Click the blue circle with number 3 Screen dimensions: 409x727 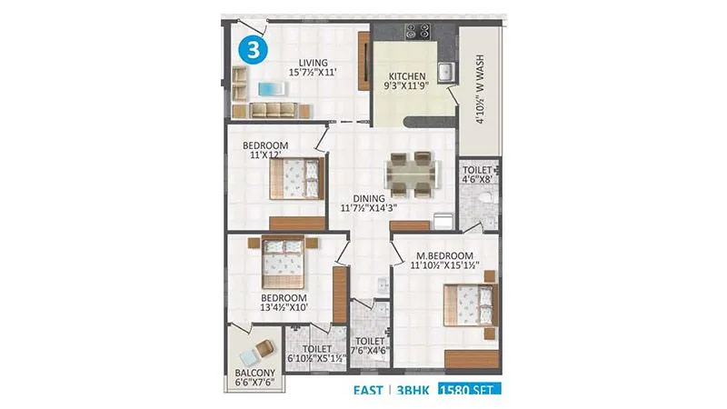pos(252,49)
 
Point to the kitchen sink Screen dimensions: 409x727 pos(445,72)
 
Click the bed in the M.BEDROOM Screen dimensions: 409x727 pos(471,304)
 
